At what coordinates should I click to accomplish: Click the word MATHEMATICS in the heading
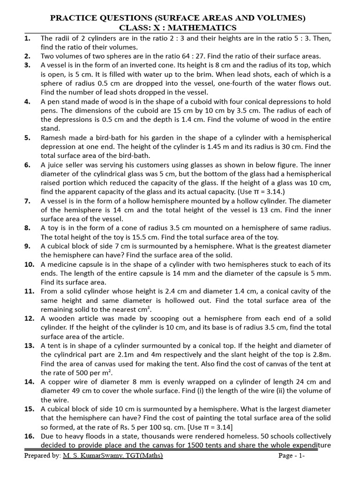pos(208,28)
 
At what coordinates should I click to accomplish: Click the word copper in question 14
pos(59,382)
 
